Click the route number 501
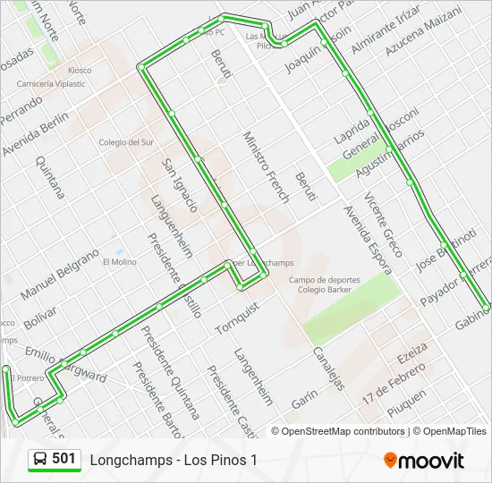click(x=64, y=459)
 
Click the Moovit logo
click(x=424, y=461)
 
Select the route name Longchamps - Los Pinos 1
click(x=173, y=460)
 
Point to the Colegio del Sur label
click(x=126, y=142)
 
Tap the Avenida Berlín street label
click(x=35, y=126)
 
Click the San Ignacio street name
click(x=178, y=184)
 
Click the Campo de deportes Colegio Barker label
click(x=324, y=284)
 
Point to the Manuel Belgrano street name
click(x=60, y=274)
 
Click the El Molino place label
click(x=119, y=262)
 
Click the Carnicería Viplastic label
click(x=51, y=84)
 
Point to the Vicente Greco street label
click(x=383, y=224)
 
